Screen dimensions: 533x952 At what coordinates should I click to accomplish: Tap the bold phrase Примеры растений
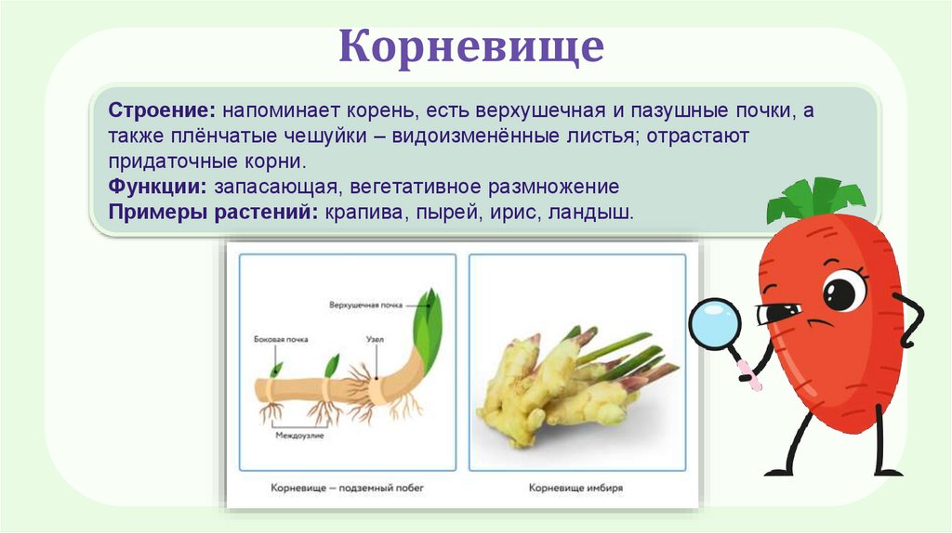[x=214, y=212]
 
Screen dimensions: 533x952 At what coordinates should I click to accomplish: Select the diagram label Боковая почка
[x=281, y=340]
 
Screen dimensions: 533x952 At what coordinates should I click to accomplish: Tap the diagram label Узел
[x=375, y=340]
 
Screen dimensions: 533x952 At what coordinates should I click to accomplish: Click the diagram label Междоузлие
[x=298, y=435]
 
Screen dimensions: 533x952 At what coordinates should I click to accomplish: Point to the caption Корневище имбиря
[x=575, y=487]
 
